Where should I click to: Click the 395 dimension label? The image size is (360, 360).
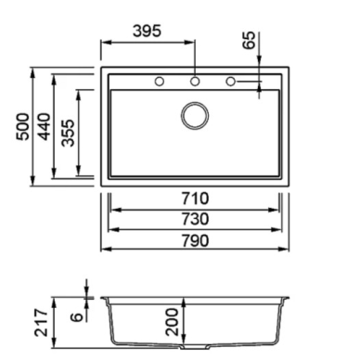point(147,31)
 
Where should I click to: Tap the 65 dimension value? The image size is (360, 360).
point(250,40)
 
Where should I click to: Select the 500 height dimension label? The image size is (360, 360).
point(23,126)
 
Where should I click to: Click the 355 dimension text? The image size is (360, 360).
point(68,133)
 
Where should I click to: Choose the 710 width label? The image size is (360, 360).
point(195,199)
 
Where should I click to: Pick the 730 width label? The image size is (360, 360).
point(195,219)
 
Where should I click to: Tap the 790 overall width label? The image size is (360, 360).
point(195,240)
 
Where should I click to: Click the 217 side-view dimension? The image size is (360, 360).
point(41,322)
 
